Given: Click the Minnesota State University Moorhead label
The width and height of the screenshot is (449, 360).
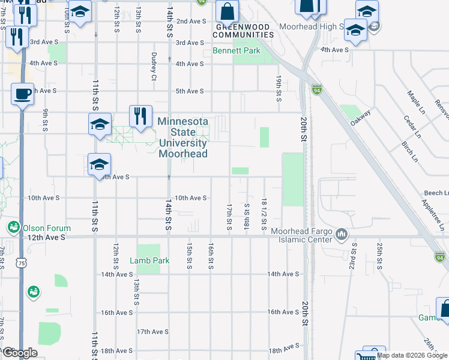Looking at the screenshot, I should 183,137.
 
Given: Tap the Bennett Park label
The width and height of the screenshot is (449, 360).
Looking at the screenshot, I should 237,51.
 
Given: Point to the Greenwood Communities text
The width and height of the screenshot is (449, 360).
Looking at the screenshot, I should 245,31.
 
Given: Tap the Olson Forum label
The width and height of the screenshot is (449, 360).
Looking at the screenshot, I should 47,228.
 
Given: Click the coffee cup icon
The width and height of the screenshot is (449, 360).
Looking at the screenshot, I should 22,95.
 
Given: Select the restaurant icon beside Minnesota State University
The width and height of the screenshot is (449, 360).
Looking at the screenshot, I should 140,115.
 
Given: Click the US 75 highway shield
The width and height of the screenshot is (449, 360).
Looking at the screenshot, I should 22,262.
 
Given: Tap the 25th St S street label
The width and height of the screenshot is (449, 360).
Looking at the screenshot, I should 379,255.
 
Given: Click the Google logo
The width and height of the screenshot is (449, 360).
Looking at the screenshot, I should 19,353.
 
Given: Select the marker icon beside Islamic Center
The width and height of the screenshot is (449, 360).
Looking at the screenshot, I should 342,233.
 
